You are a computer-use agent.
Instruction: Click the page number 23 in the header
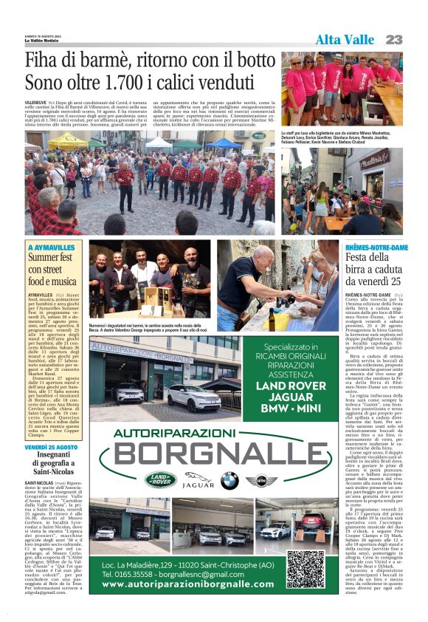pyautogui.click(x=393, y=39)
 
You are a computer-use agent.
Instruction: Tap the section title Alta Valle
pyautogui.click(x=345, y=39)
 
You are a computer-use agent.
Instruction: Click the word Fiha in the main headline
pyautogui.click(x=45, y=60)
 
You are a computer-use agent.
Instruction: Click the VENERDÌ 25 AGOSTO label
pyautogui.click(x=51, y=448)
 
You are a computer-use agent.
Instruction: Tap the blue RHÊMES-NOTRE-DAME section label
pyautogui.click(x=376, y=247)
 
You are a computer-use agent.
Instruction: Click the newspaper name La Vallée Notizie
pyautogui.click(x=42, y=40)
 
